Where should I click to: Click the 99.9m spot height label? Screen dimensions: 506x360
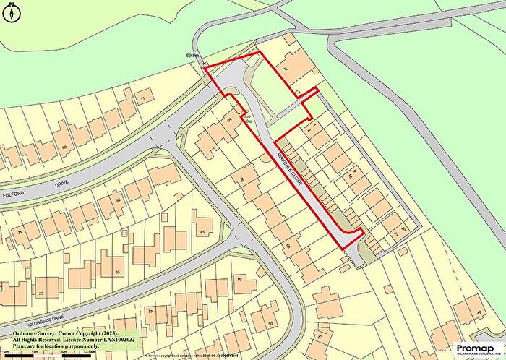192,56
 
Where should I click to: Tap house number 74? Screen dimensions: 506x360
285,69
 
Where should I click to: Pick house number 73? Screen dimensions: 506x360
142,98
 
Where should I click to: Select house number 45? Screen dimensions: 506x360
202,232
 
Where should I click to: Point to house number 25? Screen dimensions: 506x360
41,293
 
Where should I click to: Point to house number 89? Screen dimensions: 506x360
229,120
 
